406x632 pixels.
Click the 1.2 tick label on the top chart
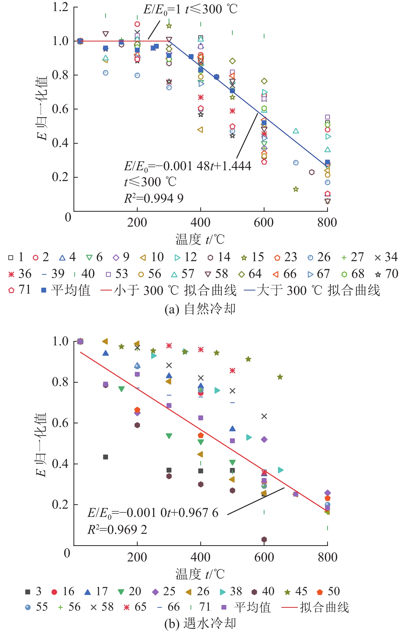pos(61,7)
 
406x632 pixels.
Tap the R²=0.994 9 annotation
pos(154,198)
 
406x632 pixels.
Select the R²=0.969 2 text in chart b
pos(117,529)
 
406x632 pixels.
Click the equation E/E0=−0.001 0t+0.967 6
pos(153,513)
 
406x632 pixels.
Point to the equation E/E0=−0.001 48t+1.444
pos(187,166)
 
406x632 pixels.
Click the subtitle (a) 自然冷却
pos(200,309)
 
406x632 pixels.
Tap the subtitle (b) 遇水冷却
pos(200,623)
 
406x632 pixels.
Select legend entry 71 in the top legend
pos(20,290)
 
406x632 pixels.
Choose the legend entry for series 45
pos(296,592)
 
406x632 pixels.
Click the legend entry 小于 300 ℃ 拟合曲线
pos(169,290)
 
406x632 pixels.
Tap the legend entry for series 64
pos(250,274)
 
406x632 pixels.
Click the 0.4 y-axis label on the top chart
pos(61,143)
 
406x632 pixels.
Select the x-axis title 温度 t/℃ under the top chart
pos(200,239)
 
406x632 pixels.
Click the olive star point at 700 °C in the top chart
pos(296,189)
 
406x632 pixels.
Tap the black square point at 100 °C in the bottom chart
pos(105,457)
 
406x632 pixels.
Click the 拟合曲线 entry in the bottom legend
pos(315,607)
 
